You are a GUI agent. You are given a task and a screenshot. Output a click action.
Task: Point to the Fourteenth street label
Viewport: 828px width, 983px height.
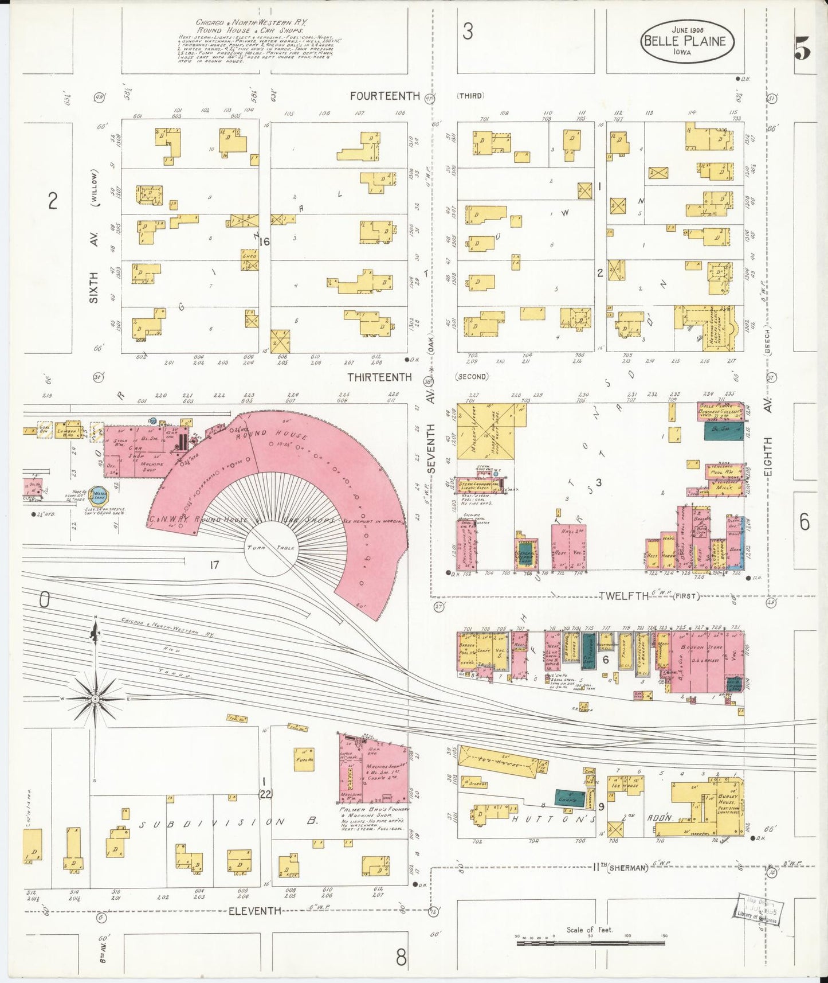385,96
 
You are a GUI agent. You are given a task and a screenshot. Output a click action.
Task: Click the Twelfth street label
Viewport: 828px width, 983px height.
624,596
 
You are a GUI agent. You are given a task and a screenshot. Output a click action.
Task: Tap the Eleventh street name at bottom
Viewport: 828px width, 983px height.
255,910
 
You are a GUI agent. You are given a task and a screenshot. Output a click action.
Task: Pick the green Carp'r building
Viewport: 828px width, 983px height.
566,797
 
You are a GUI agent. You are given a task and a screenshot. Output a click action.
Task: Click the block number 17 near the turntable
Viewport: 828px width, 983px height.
214,565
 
